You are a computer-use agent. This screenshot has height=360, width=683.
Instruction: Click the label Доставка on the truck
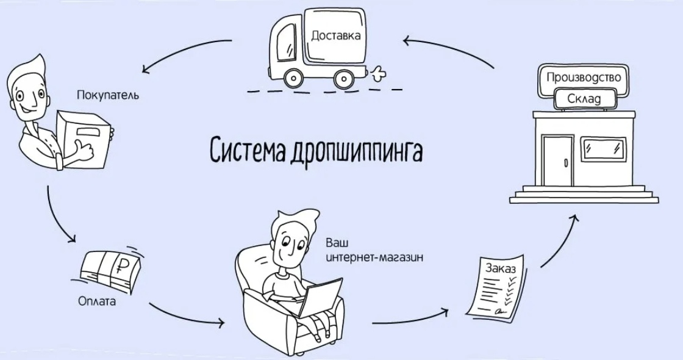(x=335, y=35)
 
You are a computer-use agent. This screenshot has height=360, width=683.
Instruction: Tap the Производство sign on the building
(x=584, y=77)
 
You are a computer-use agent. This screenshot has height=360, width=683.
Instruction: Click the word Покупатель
(x=108, y=95)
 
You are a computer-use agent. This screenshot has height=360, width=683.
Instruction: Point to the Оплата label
(x=97, y=301)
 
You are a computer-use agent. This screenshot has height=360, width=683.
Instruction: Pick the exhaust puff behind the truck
(x=378, y=73)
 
